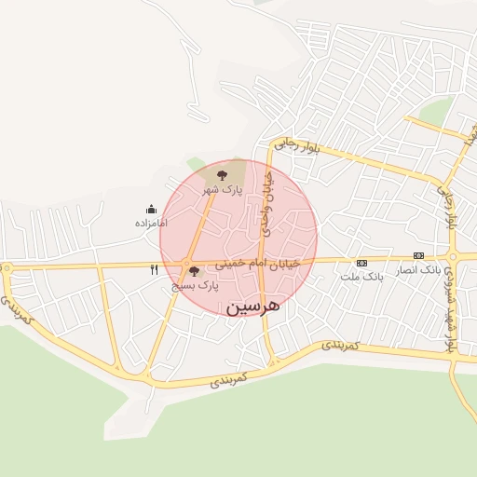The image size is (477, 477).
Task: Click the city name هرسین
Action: coord(252,306)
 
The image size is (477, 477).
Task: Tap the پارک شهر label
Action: coord(223,189)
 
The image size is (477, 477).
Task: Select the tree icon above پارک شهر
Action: coord(222,174)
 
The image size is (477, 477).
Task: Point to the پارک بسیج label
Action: coord(195,287)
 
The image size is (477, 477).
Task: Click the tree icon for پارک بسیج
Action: coord(194,272)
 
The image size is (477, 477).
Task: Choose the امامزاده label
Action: coord(150,224)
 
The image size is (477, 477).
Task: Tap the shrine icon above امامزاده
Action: coord(151,210)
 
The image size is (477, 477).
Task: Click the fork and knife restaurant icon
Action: coord(154,270)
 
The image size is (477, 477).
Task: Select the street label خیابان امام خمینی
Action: coord(258,264)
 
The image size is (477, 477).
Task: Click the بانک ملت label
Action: coord(361,277)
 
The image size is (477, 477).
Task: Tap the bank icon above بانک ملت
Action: coord(361,263)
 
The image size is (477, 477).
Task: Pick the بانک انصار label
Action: coord(418,269)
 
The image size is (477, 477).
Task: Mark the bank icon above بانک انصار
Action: coord(418,255)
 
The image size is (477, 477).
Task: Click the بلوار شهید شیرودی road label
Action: coord(450,307)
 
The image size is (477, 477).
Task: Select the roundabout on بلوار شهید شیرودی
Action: coord(453,256)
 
